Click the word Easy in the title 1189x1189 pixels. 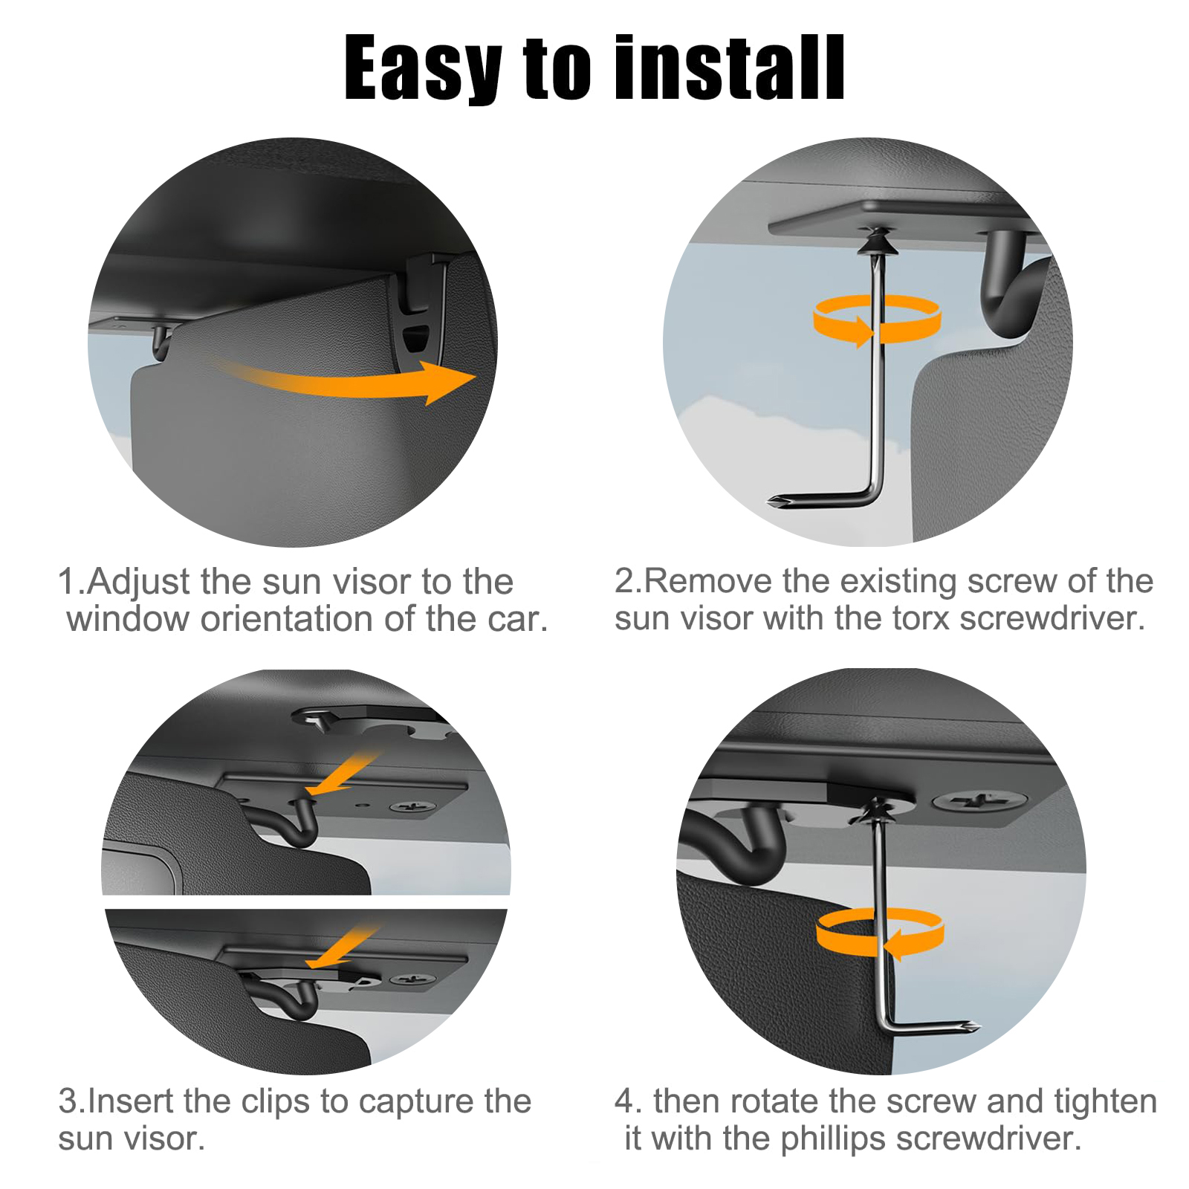[423, 68]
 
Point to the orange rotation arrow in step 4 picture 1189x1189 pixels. [880, 933]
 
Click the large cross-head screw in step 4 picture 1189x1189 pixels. [980, 801]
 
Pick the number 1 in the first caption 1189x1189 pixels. [68, 582]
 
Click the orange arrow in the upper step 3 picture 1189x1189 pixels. [343, 773]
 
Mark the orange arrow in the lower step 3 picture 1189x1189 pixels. [344, 947]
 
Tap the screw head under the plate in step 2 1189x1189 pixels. [877, 242]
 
